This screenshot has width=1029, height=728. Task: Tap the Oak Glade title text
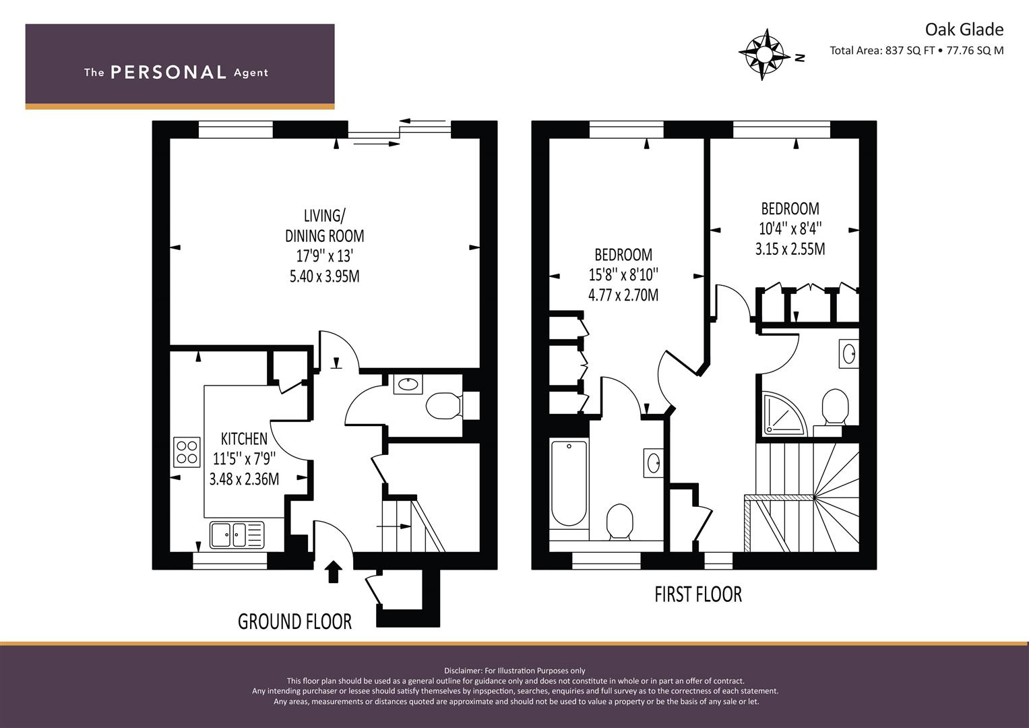[964, 30]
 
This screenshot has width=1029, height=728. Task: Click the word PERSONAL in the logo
[168, 72]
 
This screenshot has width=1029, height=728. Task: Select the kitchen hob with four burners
[187, 452]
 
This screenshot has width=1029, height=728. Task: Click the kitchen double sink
[237, 535]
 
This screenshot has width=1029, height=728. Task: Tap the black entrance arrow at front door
[334, 572]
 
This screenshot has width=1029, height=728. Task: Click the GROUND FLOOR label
[294, 621]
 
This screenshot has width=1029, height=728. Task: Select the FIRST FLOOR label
[697, 595]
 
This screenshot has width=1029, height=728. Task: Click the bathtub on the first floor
[569, 484]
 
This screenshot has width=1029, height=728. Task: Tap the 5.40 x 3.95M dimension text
[324, 276]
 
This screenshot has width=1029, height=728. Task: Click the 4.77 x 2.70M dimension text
[623, 295]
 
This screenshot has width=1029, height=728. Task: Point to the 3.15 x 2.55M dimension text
[790, 249]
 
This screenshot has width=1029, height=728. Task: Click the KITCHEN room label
[244, 439]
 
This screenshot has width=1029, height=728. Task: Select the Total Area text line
[916, 51]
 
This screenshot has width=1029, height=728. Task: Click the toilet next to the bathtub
[620, 522]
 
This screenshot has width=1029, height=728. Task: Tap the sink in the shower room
[849, 354]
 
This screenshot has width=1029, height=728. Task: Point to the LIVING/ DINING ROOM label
[324, 226]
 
